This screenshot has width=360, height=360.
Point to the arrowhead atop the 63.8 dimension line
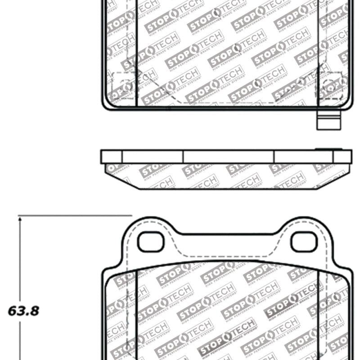20,219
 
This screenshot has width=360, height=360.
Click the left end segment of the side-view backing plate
112,157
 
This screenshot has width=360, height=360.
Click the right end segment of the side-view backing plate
342,157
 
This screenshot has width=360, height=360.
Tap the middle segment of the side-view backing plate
228,157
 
